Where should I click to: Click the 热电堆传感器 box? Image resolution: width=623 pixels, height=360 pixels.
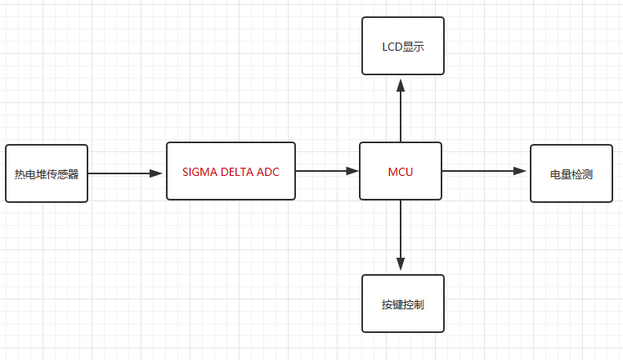tap(47, 173)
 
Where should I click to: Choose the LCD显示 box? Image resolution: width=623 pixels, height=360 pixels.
tap(403, 46)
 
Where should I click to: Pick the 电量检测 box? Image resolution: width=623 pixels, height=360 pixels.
tap(571, 173)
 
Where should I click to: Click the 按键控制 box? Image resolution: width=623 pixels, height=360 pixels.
tap(402, 304)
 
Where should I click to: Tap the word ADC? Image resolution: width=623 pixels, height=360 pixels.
tap(267, 172)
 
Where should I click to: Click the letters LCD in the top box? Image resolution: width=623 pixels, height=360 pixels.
tap(392, 47)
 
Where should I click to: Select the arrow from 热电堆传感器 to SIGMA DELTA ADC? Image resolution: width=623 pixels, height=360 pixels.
tap(123, 173)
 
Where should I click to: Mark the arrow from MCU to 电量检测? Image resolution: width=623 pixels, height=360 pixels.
tap(482, 171)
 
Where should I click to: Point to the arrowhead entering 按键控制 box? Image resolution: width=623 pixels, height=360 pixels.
tap(401, 265)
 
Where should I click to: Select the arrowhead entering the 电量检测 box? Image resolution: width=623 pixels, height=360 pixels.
tap(520, 171)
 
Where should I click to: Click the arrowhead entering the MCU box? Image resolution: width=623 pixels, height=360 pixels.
tap(352, 171)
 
